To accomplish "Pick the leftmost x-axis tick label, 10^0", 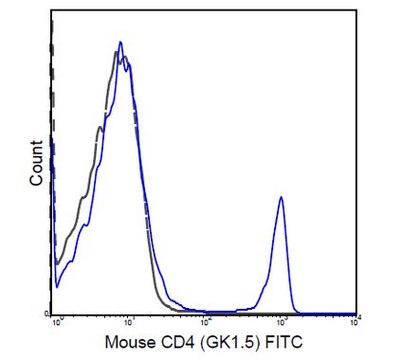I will click(57, 321).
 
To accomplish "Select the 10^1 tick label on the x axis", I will click(131, 321).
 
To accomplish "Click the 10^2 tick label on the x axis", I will click(206, 321).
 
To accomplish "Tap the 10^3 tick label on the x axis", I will click(281, 321).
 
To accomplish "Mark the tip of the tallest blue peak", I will click(120, 42).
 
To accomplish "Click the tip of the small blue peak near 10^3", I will click(282, 197).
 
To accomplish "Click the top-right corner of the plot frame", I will click(359, 14).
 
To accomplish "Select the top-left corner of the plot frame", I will click(52, 14).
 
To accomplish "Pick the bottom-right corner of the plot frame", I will click(359, 313).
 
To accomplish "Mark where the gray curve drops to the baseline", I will click(166, 311).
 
